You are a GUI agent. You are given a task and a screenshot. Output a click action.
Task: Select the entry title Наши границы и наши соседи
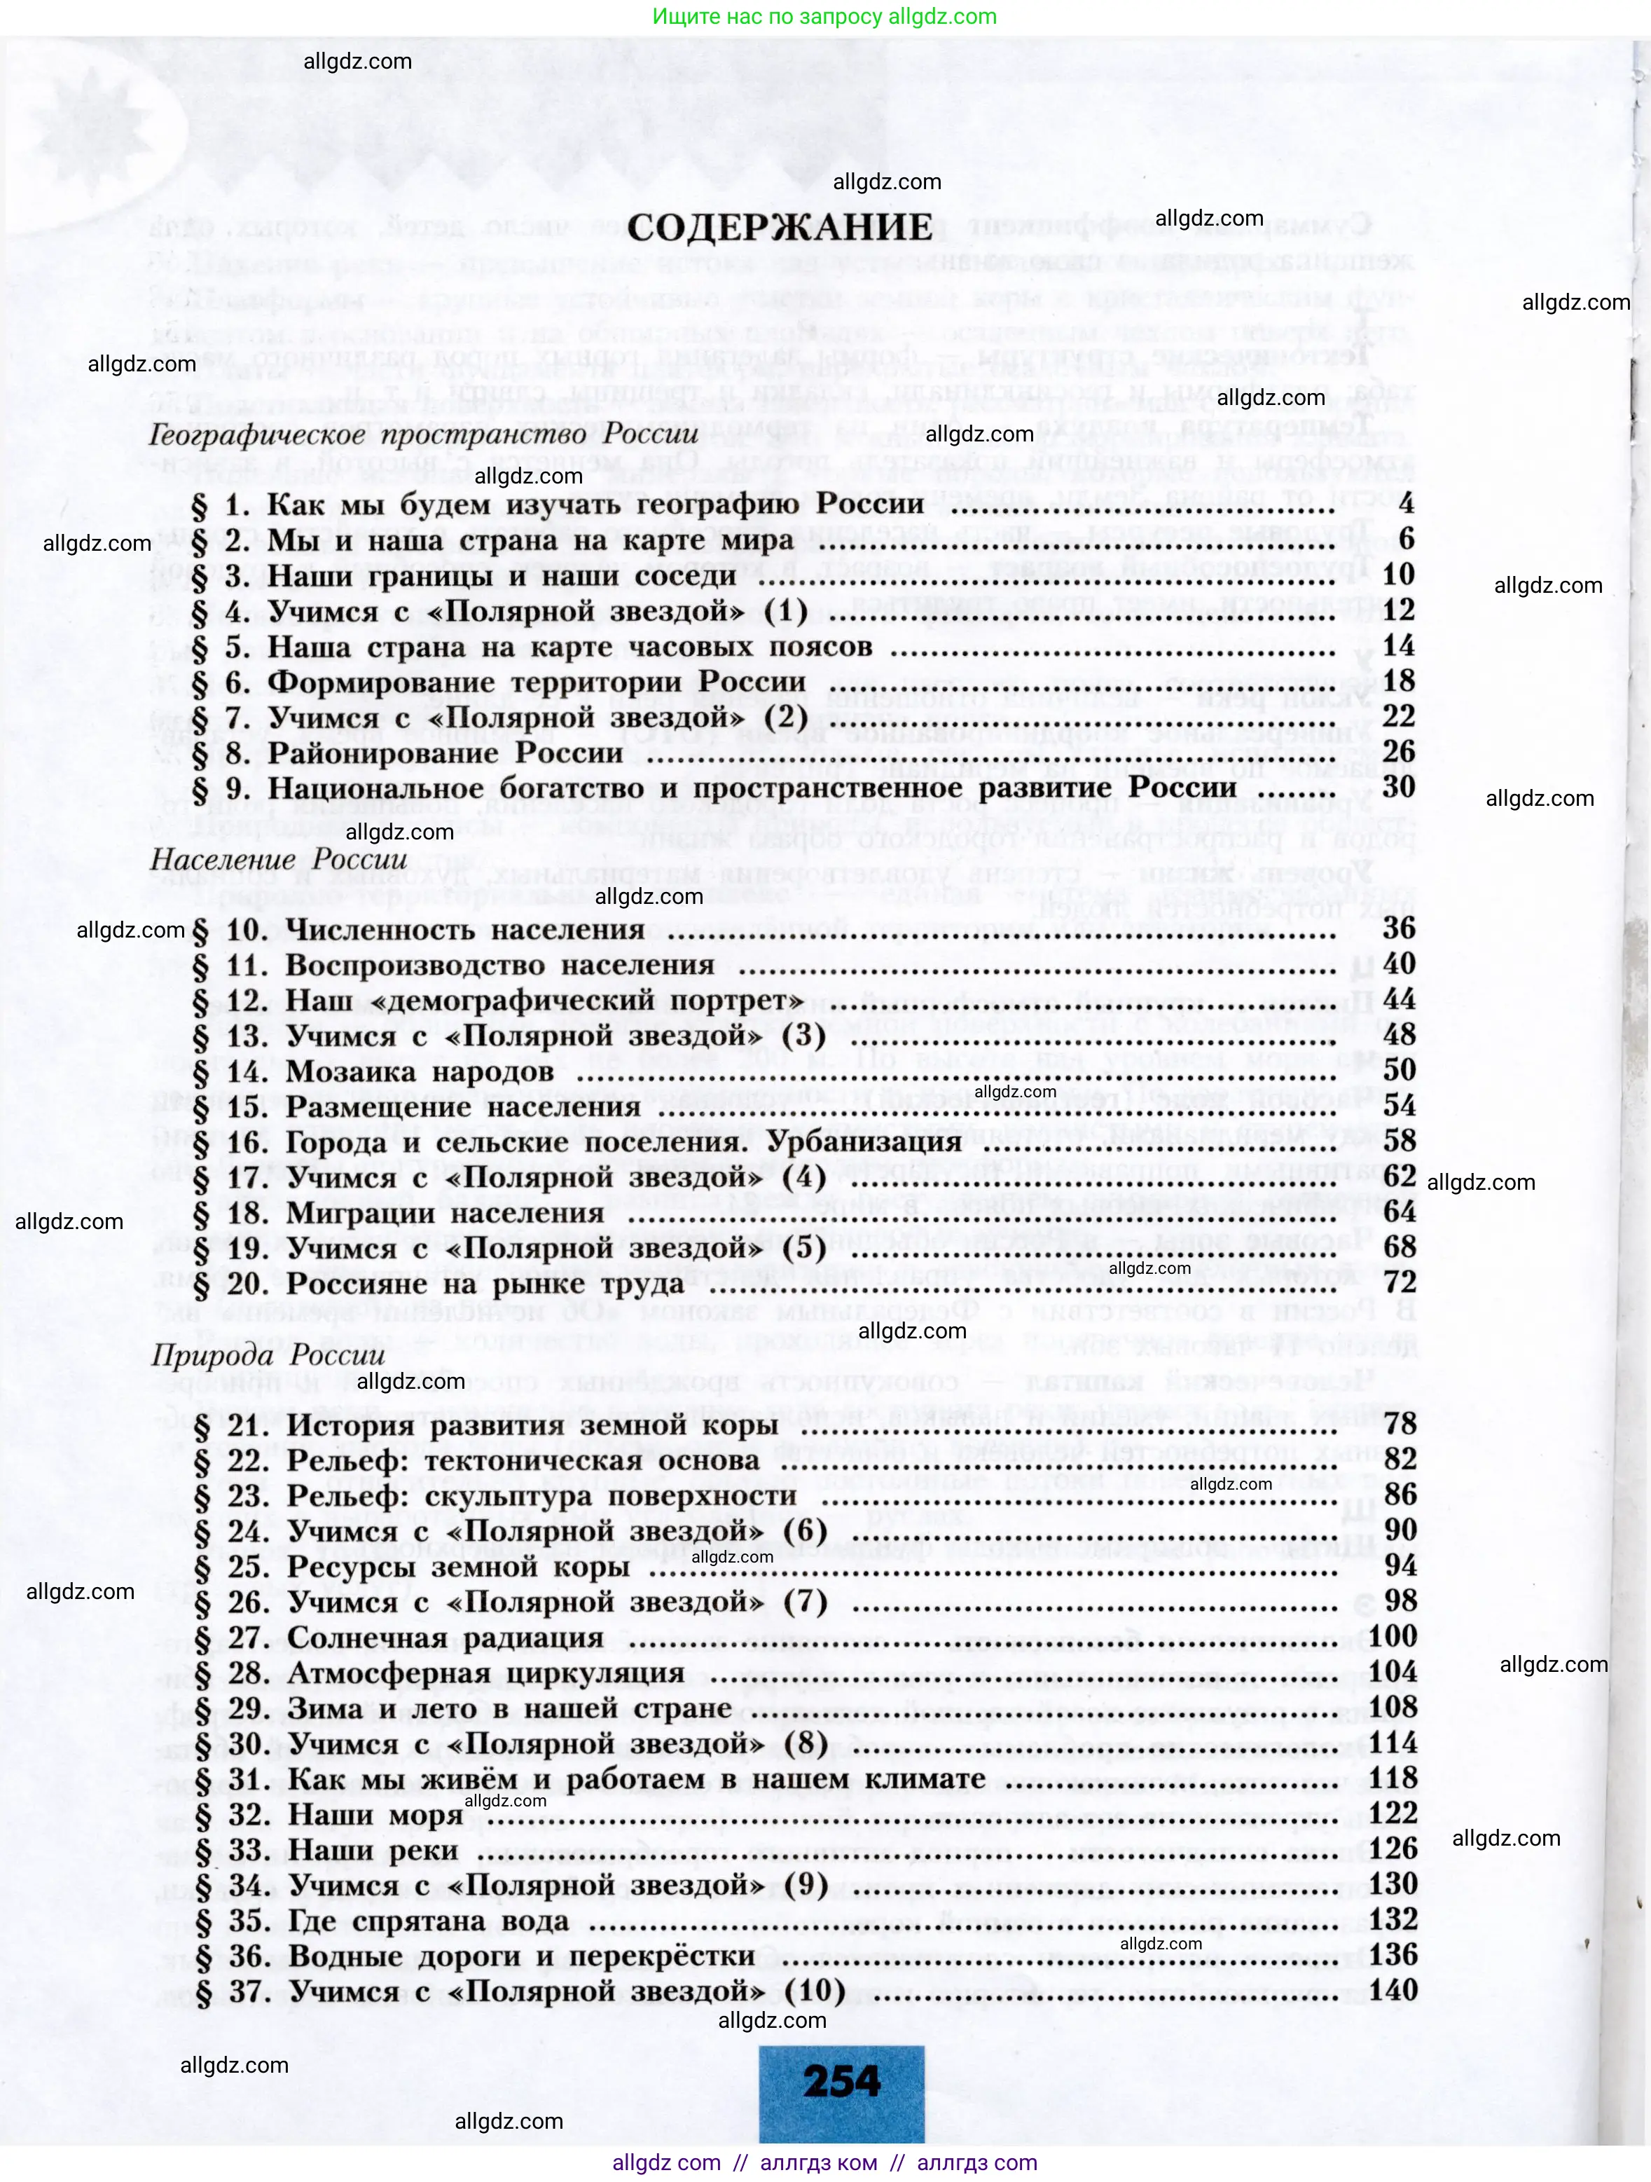(x=502, y=575)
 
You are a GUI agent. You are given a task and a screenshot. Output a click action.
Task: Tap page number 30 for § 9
(x=1399, y=786)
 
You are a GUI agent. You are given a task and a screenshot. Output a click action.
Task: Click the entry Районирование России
(x=445, y=753)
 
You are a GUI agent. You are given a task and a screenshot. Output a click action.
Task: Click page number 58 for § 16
(x=1399, y=1141)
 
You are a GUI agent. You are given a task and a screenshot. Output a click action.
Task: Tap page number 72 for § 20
(x=1400, y=1282)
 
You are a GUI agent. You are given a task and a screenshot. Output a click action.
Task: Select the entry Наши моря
(x=375, y=1815)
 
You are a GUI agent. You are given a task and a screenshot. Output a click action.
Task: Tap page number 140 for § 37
(x=1393, y=1991)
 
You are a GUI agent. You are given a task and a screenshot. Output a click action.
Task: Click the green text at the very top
(x=824, y=17)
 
